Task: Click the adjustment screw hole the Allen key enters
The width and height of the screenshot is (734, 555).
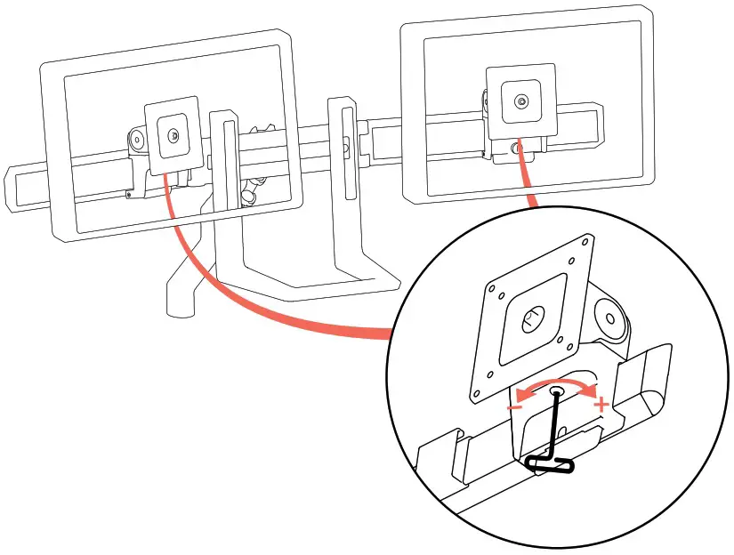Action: click(x=557, y=390)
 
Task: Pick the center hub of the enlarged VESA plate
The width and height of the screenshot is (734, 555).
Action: click(x=532, y=317)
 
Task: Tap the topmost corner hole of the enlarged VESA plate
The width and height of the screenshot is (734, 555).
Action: click(x=585, y=241)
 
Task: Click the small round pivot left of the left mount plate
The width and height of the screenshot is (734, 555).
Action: click(x=136, y=140)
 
